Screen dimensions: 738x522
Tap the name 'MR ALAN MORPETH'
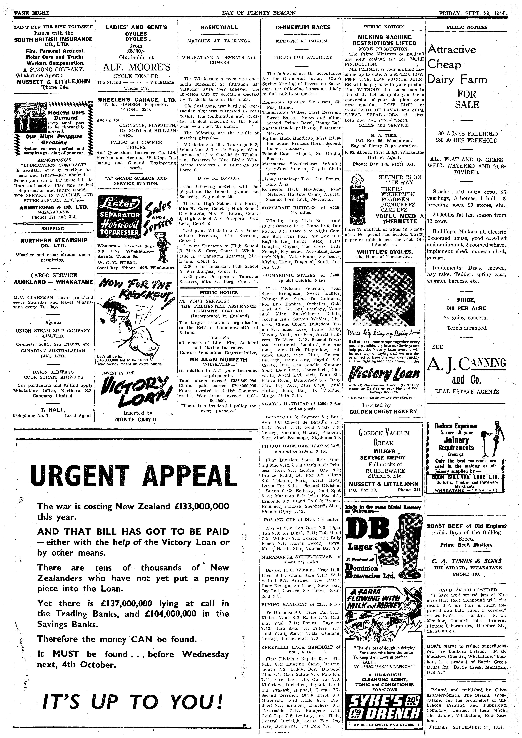[x=219, y=360]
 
